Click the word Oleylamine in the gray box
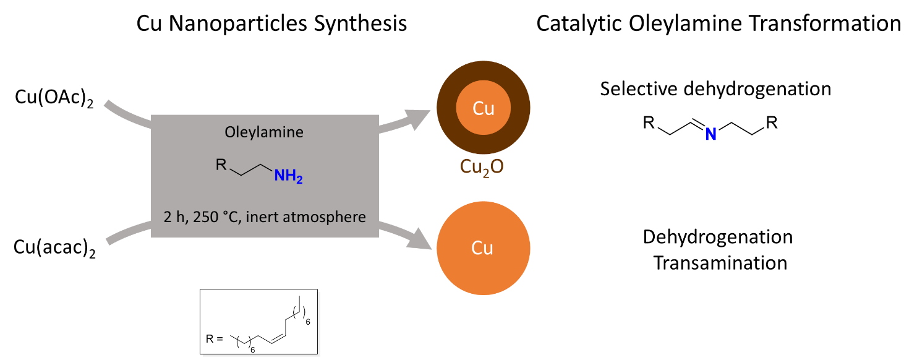click(264, 132)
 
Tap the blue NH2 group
click(288, 176)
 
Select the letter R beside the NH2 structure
click(221, 165)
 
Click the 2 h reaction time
click(171, 217)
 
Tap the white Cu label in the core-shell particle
click(483, 109)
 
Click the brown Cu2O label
click(482, 167)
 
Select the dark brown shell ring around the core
click(446, 108)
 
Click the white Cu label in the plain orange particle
click(482, 248)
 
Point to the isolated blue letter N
click(710, 134)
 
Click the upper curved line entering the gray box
click(127, 115)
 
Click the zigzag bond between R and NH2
click(250, 170)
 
